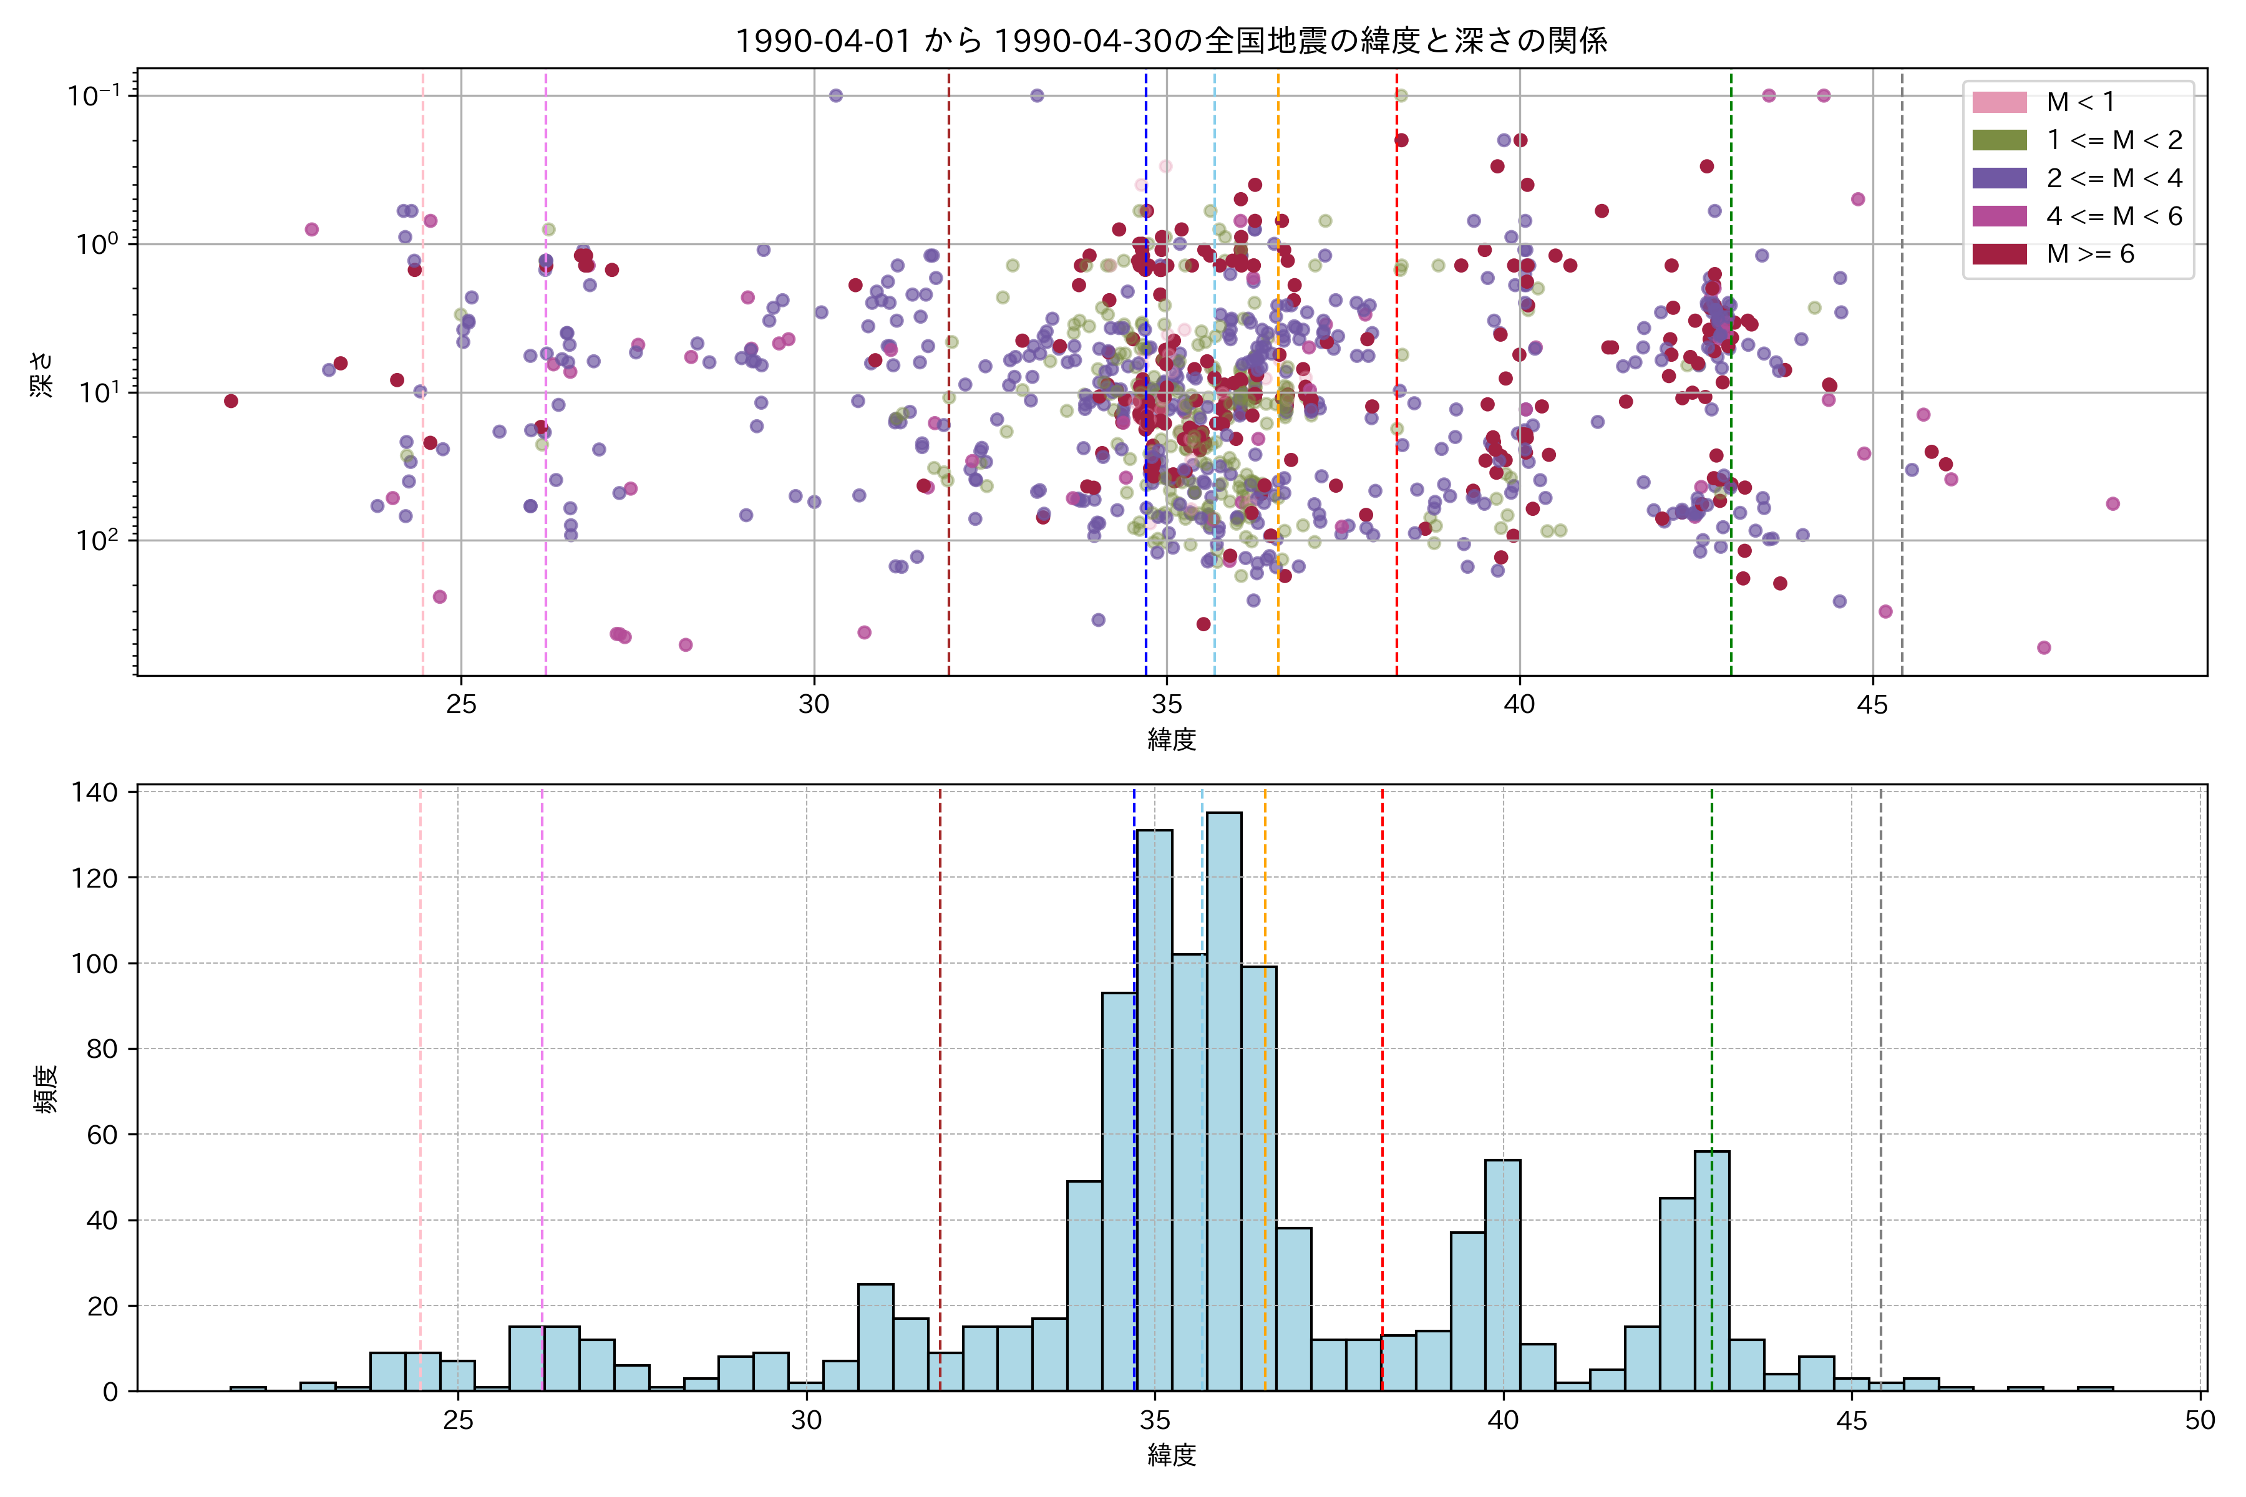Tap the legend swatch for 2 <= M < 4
(1999, 178)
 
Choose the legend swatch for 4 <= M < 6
(1999, 216)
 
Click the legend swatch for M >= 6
(1999, 254)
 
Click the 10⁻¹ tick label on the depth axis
(94, 95)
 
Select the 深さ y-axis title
(42, 374)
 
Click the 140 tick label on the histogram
(94, 792)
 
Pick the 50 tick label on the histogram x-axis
(2200, 1421)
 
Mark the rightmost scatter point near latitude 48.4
(2112, 504)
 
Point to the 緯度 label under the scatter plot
(1171, 739)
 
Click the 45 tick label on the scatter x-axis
(1873, 705)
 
